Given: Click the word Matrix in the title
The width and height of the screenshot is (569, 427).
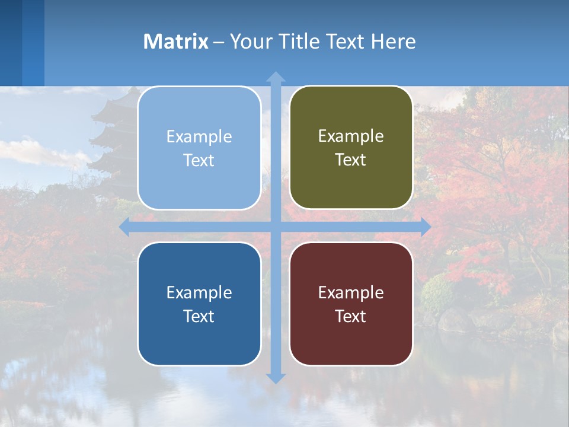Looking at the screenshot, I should point(175,42).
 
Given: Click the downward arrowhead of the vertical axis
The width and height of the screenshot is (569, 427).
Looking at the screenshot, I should point(276,378).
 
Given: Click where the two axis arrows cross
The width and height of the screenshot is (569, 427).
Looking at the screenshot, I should point(276,227).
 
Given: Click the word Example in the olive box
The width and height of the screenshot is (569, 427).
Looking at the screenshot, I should point(351,136).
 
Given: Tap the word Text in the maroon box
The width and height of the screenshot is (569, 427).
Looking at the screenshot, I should point(351,316).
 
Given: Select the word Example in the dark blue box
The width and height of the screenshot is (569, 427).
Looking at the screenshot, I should point(199,292).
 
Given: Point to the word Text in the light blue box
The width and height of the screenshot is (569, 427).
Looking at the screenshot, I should point(199,160).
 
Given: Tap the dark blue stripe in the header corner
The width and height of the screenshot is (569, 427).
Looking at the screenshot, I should point(11,42).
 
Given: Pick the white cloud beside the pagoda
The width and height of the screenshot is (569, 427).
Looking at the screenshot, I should point(36,151).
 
